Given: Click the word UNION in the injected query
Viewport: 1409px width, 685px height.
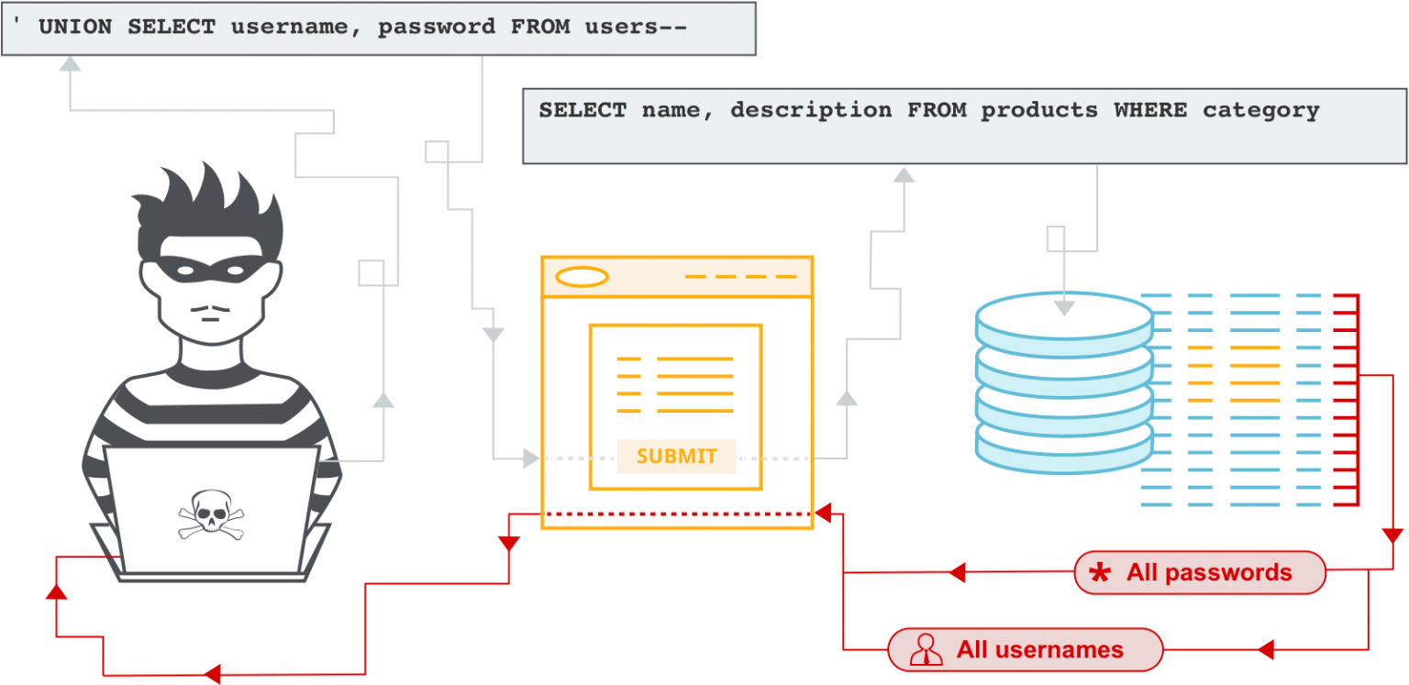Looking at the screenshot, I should click(x=76, y=27).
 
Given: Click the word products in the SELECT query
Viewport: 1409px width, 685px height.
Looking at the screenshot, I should click(x=1038, y=111).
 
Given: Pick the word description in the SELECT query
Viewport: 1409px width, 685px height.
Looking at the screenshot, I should click(x=811, y=111).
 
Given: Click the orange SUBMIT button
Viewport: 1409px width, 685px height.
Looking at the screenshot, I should click(x=676, y=456).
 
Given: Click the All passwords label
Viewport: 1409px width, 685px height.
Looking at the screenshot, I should click(x=1208, y=573).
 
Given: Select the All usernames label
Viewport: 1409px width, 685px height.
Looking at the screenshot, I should click(x=1039, y=650).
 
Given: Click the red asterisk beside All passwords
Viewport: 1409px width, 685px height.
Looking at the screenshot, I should click(x=1098, y=574).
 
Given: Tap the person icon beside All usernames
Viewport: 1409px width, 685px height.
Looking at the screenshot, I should click(x=926, y=650).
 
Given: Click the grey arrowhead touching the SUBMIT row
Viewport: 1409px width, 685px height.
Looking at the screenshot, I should click(x=530, y=457).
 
